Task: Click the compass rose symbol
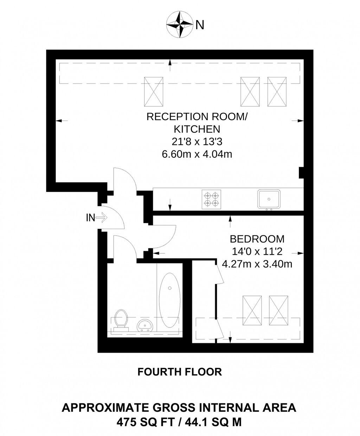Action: (180, 25)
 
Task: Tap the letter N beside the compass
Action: (200, 25)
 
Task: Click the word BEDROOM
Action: (257, 239)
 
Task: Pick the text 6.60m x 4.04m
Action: (197, 154)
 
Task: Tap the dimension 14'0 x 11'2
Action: (257, 251)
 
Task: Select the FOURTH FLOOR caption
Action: (180, 372)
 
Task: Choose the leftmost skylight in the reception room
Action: (154, 92)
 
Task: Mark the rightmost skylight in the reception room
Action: (277, 92)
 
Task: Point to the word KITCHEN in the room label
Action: (197, 129)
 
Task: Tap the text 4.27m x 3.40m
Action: (257, 263)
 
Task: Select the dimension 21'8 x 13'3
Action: (197, 142)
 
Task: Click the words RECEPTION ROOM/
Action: (197, 117)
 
